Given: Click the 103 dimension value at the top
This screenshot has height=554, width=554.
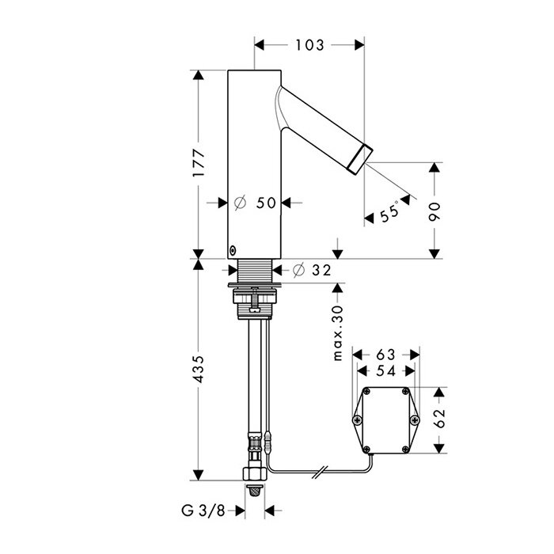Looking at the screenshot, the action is (x=309, y=45).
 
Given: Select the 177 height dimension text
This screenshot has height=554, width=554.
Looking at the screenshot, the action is (x=199, y=163).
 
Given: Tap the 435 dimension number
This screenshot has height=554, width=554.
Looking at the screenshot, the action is (x=199, y=369).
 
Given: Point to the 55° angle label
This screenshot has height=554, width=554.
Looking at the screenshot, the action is (x=389, y=212).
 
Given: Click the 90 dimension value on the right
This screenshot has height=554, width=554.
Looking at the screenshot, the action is (x=434, y=211).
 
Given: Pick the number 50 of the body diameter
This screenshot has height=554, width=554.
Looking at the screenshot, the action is (x=266, y=203).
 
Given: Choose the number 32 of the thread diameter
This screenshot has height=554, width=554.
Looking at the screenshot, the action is (x=321, y=271).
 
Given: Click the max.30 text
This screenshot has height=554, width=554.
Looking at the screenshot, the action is (x=338, y=333).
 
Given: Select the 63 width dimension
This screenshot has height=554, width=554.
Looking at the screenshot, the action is (x=386, y=355).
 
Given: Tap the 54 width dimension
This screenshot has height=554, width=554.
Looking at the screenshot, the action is (x=386, y=371).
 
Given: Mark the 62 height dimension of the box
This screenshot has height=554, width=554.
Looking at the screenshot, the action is (x=439, y=419).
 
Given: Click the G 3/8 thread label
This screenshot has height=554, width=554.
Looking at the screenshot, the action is (x=203, y=510).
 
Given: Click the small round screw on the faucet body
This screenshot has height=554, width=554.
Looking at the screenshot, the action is (x=233, y=251).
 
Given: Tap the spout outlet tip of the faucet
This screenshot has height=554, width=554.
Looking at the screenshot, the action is (x=361, y=160).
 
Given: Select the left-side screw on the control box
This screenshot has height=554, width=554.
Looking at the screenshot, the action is (x=357, y=419).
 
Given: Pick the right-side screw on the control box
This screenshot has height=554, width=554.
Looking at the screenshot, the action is (x=415, y=419).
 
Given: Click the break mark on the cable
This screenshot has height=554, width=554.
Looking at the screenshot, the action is (x=320, y=472).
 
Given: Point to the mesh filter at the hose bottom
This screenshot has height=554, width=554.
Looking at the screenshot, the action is (x=254, y=491).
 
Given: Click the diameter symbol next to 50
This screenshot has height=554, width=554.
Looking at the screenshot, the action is (x=240, y=203).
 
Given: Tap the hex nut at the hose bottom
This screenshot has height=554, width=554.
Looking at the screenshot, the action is (x=254, y=473).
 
